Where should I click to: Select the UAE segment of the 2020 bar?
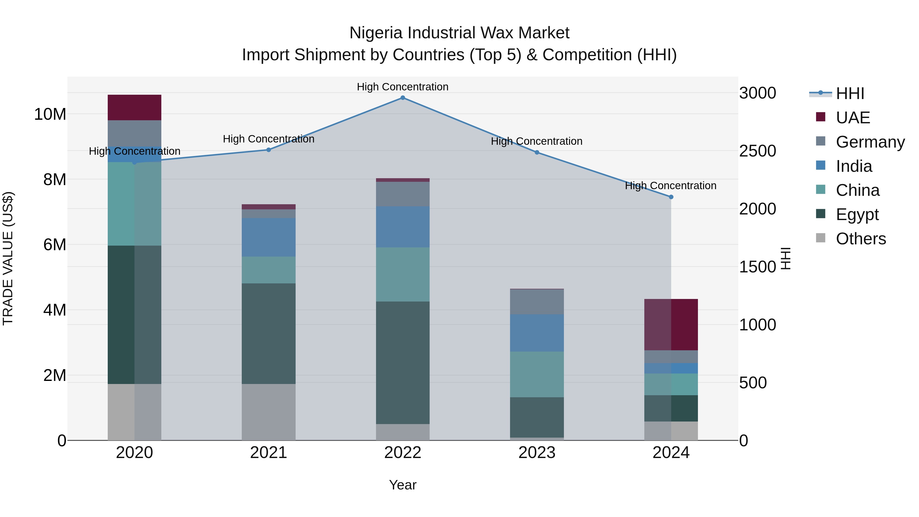click(135, 107)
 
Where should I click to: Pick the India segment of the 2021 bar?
click(269, 237)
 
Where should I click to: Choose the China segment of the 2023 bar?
click(537, 374)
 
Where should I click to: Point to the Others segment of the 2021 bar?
click(269, 412)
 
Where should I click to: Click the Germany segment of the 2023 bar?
click(537, 302)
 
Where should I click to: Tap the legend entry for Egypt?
click(857, 214)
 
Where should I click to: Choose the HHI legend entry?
click(850, 93)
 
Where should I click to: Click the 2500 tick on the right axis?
click(757, 151)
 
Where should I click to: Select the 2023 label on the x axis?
click(537, 453)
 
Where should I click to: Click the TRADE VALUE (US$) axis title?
click(8, 258)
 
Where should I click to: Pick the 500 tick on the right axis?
click(753, 383)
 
